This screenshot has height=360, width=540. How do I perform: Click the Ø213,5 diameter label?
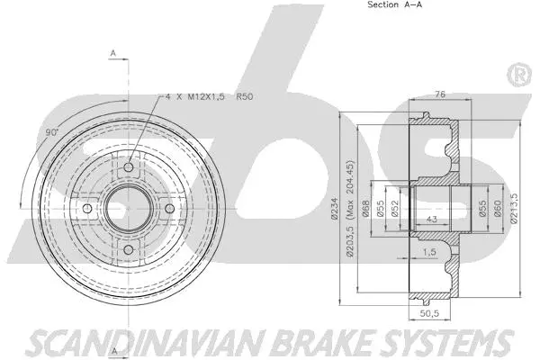pyautogui.click(x=514, y=211)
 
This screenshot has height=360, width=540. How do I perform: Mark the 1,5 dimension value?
pyautogui.click(x=431, y=254)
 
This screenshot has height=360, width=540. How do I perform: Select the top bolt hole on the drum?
pyautogui.click(x=128, y=168)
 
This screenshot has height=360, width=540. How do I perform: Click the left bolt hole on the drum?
pyautogui.click(x=87, y=210)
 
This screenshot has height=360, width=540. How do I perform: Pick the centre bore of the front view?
pyautogui.click(x=128, y=210)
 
